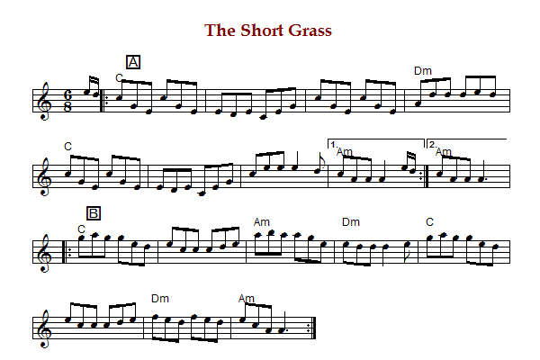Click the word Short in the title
point(262,31)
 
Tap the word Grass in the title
point(310,31)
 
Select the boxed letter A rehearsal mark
point(133,62)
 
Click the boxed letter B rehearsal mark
point(94,213)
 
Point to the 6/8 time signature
point(67,101)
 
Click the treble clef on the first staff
point(45,102)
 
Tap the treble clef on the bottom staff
point(45,328)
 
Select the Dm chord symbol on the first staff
point(423,71)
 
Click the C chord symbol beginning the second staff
point(67,147)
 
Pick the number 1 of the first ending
point(333,145)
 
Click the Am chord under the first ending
point(345,151)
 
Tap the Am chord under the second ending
point(444,151)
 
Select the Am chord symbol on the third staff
point(262,222)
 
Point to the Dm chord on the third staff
point(351,222)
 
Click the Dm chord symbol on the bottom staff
point(160,298)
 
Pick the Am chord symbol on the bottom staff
point(247,298)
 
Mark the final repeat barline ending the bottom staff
point(311,328)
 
